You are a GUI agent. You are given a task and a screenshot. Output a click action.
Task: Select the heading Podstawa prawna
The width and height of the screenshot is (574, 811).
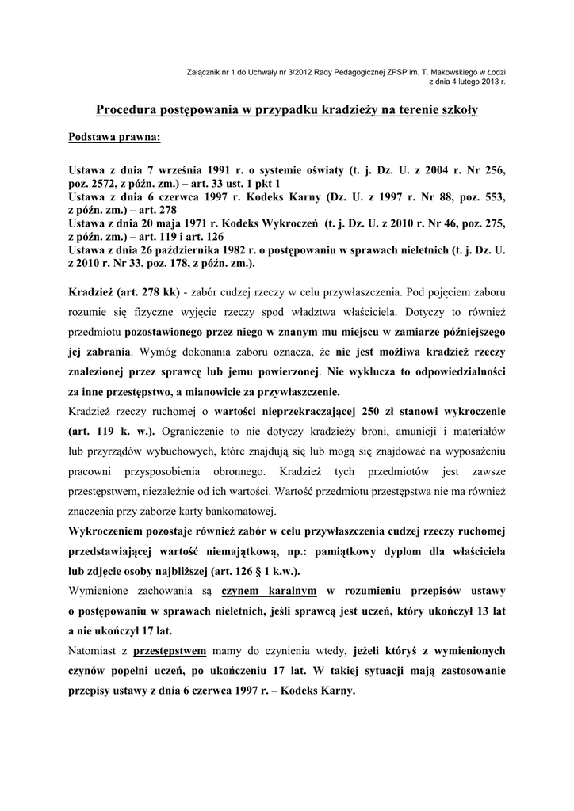[x=114, y=137]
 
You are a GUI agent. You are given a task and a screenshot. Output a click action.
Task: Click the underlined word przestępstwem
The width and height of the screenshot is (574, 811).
[x=170, y=650]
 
